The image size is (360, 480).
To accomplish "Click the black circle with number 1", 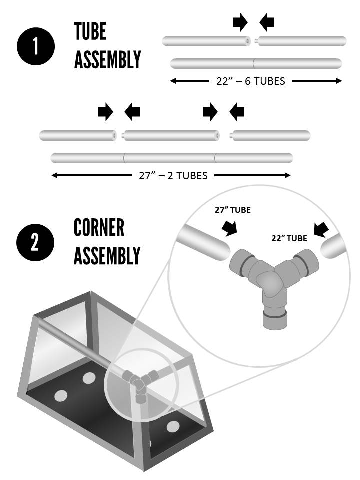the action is click(36, 46).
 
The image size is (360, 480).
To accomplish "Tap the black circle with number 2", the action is click(35, 242).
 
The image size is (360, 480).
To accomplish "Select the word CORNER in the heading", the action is click(99, 227).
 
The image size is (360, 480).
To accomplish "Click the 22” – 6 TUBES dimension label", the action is click(250, 81).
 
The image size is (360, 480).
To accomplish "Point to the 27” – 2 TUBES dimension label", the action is click(173, 175).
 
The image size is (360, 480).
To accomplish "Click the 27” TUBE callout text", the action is click(233, 210).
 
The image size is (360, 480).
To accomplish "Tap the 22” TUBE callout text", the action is click(289, 238).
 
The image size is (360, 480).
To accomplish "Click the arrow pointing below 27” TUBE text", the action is click(230, 228).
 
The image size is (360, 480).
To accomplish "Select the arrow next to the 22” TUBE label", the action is click(321, 230).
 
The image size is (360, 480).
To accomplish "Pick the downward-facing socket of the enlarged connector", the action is click(275, 320).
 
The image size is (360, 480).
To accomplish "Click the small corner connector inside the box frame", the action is click(139, 384).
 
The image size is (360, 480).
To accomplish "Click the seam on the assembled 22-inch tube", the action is click(254, 63).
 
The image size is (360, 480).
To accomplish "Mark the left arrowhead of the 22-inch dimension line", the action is click(173, 81).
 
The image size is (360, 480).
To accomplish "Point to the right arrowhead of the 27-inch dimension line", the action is click(287, 175).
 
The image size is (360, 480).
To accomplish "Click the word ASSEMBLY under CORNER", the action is click(107, 256).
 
